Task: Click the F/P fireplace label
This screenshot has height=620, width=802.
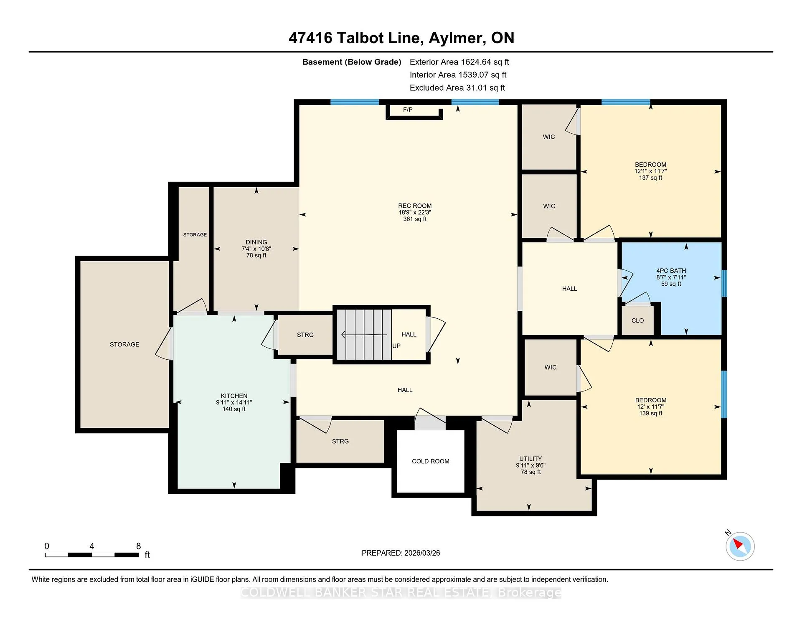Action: (408, 110)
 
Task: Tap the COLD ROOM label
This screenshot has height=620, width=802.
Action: (431, 461)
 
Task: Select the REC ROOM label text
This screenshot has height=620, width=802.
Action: (415, 206)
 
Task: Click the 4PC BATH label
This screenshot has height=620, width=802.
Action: (671, 271)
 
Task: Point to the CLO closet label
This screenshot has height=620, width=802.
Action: (638, 320)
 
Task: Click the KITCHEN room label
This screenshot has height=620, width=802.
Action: (234, 396)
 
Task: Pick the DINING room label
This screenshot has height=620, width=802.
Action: (256, 242)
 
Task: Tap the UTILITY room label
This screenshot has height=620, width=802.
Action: (530, 458)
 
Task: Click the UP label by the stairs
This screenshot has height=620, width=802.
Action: (396, 346)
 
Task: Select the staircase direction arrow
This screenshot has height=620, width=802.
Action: (364, 335)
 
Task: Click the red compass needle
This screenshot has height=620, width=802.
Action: (737, 544)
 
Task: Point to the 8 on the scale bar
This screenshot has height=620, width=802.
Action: (139, 546)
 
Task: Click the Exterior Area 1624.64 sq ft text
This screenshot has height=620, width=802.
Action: (459, 62)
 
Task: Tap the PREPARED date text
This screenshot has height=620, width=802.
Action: (401, 553)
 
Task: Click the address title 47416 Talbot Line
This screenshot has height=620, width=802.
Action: (354, 38)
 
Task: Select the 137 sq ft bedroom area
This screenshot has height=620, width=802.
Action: (650, 178)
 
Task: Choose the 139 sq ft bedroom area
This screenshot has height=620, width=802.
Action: (650, 413)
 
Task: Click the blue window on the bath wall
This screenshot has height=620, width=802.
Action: (725, 283)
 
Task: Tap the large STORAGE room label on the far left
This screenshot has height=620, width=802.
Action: (124, 344)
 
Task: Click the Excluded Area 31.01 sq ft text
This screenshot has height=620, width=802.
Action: (457, 88)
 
